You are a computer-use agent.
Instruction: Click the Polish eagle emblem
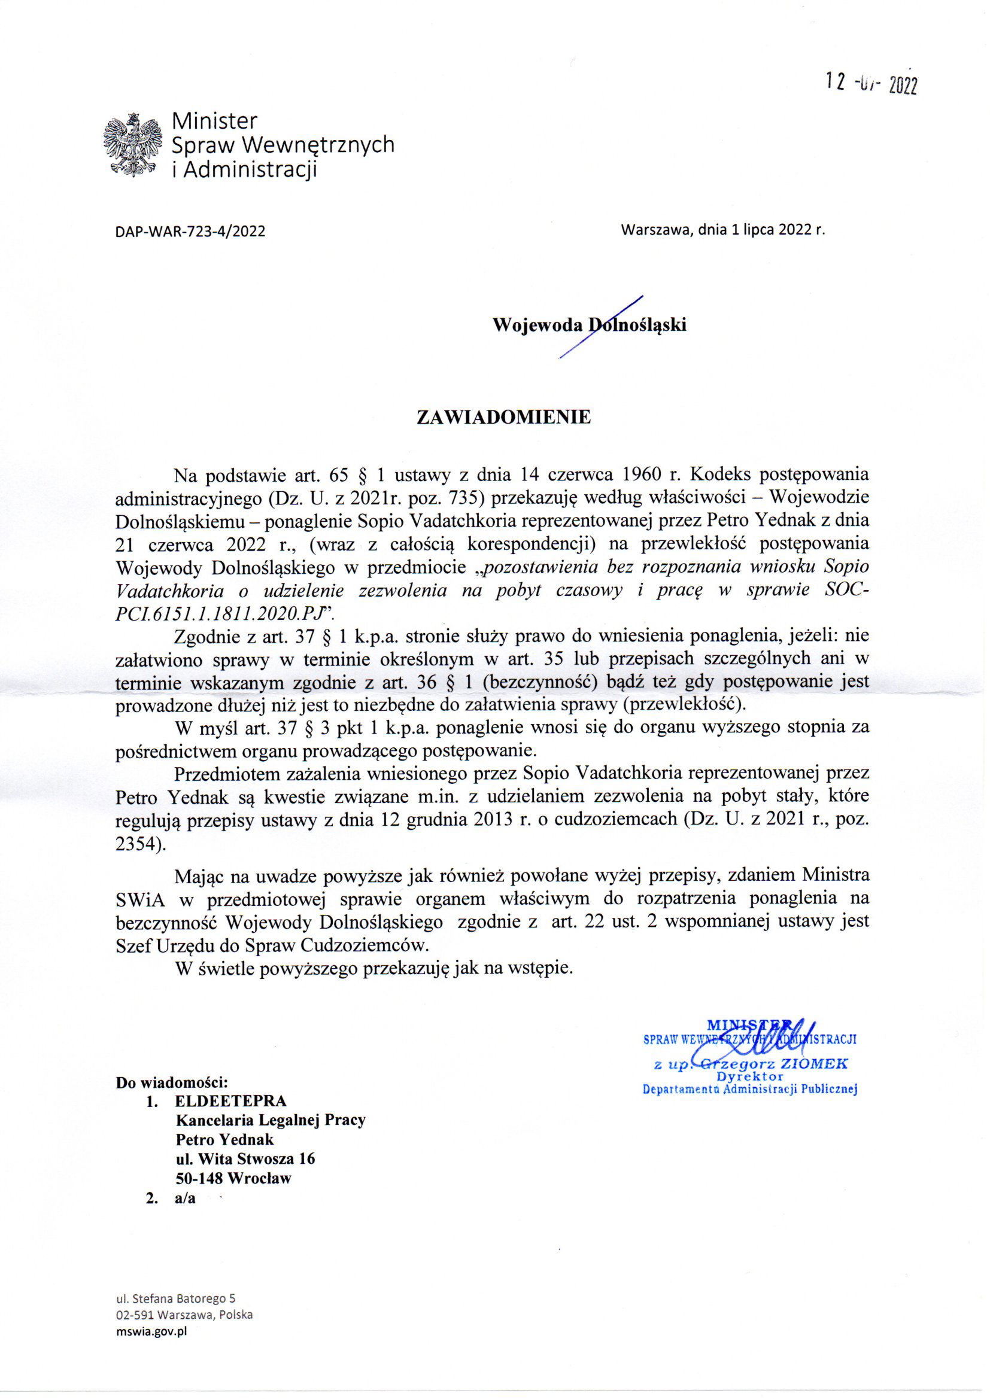[133, 144]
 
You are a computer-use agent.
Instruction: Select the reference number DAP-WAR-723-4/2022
[190, 232]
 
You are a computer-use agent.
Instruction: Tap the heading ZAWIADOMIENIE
[503, 418]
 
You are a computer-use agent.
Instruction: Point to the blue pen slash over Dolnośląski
[600, 327]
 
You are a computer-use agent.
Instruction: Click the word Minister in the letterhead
[215, 120]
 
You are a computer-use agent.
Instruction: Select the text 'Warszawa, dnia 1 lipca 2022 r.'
[722, 230]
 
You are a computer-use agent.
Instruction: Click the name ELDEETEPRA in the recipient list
[230, 1101]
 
